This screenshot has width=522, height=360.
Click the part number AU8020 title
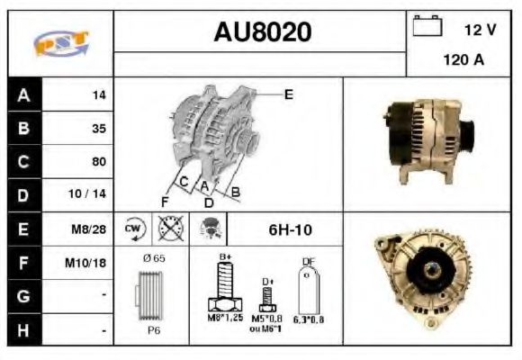point(262,32)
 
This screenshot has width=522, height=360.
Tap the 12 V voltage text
point(479,30)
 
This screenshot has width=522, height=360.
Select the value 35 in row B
point(99,129)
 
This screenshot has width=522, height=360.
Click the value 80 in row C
point(99,162)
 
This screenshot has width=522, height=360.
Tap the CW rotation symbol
point(133,229)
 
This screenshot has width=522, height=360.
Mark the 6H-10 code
point(290,229)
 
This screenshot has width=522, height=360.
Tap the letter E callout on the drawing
point(288,93)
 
